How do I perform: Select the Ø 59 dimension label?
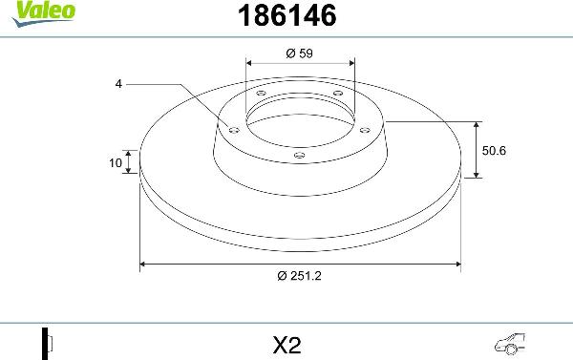click(x=300, y=53)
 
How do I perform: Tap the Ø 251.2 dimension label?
click(x=300, y=277)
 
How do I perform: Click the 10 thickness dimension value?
click(x=116, y=163)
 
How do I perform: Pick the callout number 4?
click(x=118, y=84)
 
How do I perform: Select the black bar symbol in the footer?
click(x=45, y=342)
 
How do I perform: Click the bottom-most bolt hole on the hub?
click(x=300, y=153)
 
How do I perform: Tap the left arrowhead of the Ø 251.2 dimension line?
click(x=144, y=262)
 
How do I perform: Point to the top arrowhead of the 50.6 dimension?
click(x=477, y=125)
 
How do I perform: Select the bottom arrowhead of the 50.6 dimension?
click(x=477, y=175)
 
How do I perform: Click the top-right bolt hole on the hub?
click(x=336, y=92)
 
